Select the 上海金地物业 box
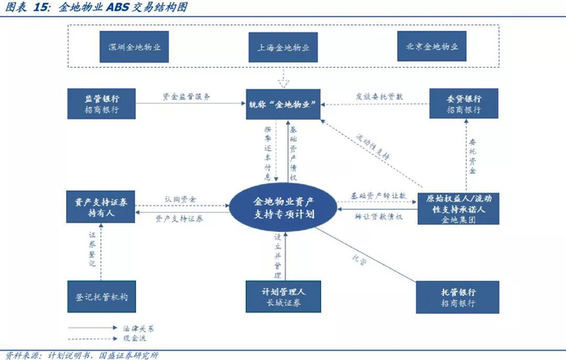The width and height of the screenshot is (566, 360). click(282, 47)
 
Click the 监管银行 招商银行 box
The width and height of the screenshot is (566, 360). click(102, 104)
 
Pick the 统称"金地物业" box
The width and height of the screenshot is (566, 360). click(282, 103)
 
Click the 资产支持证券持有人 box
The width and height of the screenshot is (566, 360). click(102, 208)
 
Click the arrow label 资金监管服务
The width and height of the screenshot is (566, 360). click(186, 95)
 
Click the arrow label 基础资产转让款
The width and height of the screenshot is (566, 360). click(377, 196)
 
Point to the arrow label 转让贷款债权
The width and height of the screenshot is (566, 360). click(378, 218)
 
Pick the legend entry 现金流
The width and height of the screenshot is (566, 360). click(141, 341)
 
